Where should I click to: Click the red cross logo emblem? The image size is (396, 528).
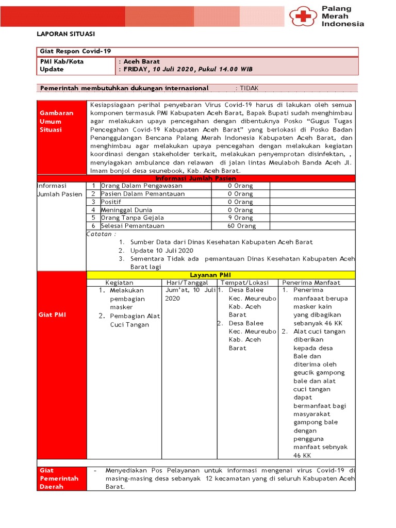point(304,16)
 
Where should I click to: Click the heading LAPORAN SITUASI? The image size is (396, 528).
point(65,34)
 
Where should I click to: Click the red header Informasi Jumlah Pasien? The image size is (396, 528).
point(195,178)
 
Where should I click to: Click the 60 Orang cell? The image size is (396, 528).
point(241,226)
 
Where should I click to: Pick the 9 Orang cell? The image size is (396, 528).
point(241,218)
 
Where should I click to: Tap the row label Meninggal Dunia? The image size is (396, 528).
point(125,210)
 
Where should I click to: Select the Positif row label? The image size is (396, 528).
point(111,202)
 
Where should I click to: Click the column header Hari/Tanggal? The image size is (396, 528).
point(187,283)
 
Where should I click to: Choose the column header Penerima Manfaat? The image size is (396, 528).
point(311,283)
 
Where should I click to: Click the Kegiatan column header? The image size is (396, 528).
point(119,283)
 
